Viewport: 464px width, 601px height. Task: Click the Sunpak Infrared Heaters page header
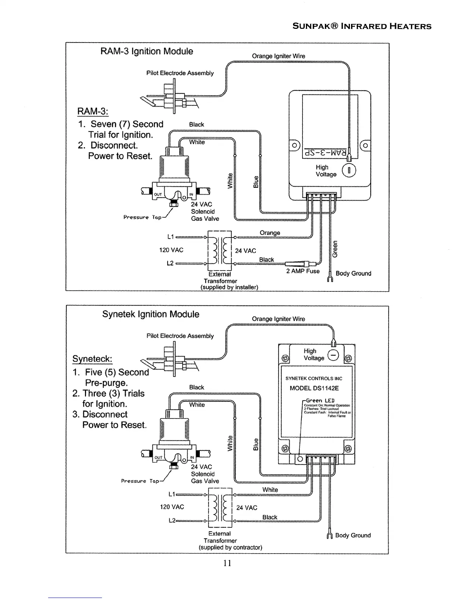(362, 26)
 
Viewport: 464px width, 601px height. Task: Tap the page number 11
(227, 563)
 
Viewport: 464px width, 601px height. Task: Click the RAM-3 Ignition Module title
(146, 51)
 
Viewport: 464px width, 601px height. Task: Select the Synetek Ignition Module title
(150, 314)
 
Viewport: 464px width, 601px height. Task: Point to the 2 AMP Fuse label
(303, 271)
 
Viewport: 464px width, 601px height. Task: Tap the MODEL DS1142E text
(314, 388)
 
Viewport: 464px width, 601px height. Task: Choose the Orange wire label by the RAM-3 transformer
(270, 233)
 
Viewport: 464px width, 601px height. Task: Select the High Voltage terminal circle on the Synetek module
(333, 355)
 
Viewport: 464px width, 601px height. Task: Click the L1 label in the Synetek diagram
(171, 494)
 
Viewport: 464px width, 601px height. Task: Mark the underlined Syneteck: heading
(92, 359)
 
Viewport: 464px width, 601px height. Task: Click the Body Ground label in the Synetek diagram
(353, 535)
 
